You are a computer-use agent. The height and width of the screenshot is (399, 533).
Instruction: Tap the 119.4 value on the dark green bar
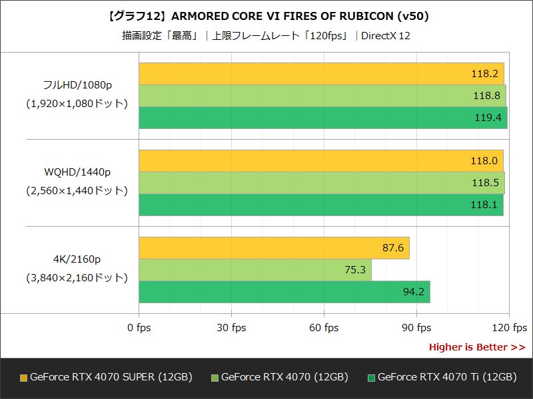(x=488, y=118)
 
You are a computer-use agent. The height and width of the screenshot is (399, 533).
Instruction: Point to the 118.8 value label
(x=486, y=96)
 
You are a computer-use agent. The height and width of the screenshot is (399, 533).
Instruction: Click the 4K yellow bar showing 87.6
(x=274, y=248)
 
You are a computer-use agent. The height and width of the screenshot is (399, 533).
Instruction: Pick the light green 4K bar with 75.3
(x=255, y=270)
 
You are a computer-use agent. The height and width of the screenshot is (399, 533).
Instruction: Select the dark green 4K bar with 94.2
(x=284, y=292)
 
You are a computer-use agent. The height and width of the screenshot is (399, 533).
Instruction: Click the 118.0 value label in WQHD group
(x=484, y=161)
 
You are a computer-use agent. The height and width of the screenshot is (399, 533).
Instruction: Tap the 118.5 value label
(x=485, y=183)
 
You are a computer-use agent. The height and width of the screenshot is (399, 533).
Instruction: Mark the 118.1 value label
(x=484, y=205)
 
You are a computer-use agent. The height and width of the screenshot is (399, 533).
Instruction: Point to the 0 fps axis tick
(x=139, y=328)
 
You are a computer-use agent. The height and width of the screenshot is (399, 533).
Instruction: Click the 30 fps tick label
(x=231, y=328)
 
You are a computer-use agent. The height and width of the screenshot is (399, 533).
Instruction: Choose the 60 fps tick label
(x=324, y=328)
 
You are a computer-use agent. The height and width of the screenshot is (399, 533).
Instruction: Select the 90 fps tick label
(x=416, y=328)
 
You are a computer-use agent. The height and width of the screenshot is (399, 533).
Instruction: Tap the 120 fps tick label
(x=509, y=328)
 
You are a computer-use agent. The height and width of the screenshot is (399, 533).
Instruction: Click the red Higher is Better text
(x=476, y=347)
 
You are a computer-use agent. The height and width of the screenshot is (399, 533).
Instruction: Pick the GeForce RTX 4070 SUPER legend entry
(x=107, y=377)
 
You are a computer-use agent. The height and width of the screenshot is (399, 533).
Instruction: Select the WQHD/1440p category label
(x=77, y=172)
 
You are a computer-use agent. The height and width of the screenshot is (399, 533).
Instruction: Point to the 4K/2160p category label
(x=77, y=259)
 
